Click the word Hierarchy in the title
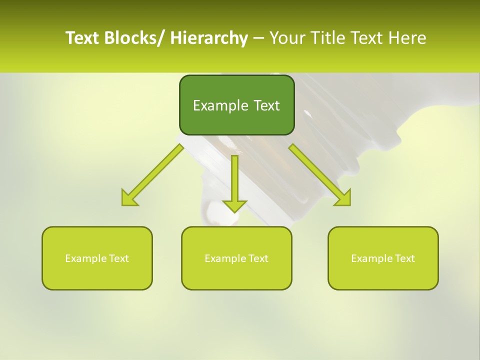[209, 38]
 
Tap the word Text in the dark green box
[266, 105]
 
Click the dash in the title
[258, 38]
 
